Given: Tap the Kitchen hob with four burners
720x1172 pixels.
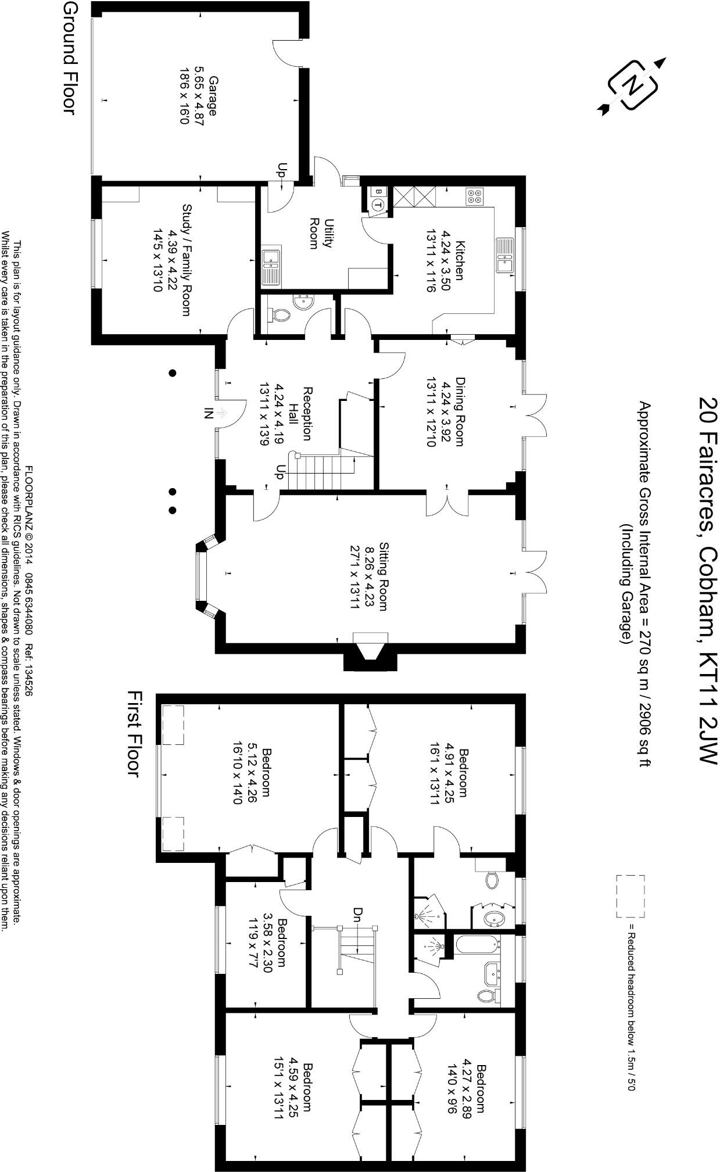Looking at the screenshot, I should coord(474,197).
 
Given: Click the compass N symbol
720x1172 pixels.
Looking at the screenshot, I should coord(632,85).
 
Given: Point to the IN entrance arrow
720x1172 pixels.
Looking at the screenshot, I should coord(221,413).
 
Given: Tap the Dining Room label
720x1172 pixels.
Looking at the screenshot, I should coord(445,411).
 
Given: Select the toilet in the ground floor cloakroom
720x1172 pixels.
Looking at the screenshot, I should coord(280,314).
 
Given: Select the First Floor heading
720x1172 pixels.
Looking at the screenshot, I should coord(133,734).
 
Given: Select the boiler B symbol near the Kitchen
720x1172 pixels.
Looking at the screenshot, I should coord(378,191).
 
